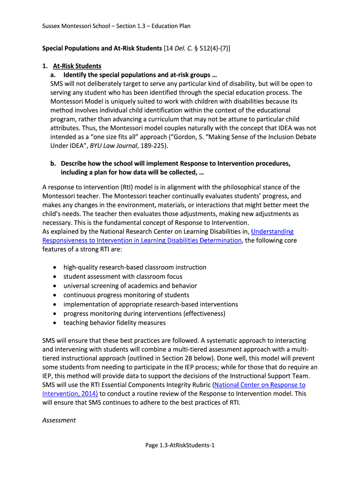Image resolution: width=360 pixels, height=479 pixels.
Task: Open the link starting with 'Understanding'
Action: click(x=272, y=232)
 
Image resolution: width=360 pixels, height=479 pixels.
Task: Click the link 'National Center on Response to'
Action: click(x=260, y=385)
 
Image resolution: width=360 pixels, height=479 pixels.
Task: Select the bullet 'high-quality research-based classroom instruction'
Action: click(x=135, y=268)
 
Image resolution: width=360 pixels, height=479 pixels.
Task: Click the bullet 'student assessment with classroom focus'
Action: click(x=123, y=276)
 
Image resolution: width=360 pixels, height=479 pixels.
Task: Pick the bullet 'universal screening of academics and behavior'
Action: click(x=130, y=286)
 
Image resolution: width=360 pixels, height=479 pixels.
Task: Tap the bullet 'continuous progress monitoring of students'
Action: click(x=126, y=295)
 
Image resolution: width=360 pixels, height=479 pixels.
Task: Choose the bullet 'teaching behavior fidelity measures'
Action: click(x=115, y=323)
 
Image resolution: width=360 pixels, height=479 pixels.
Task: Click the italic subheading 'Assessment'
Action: click(x=59, y=420)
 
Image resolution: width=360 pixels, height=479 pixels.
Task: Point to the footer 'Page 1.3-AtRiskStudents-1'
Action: click(x=180, y=445)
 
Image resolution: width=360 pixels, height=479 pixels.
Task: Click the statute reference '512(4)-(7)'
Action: click(x=210, y=48)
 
